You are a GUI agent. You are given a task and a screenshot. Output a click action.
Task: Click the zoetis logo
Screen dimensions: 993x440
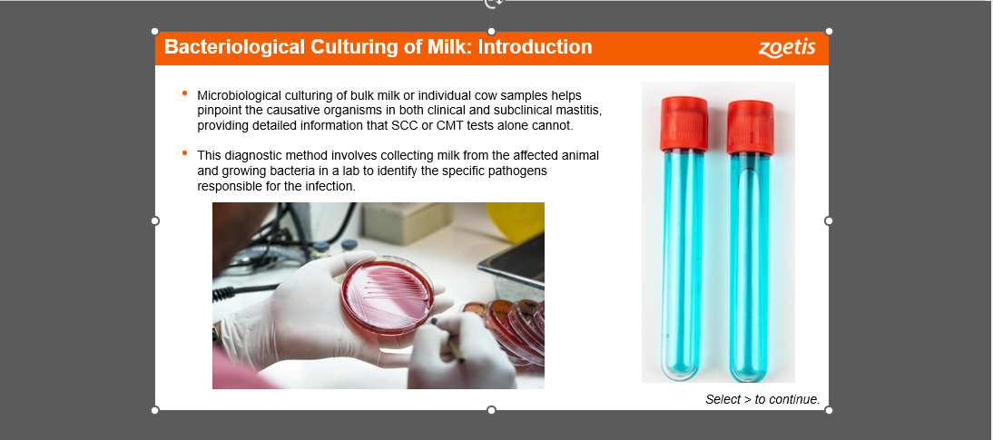pos(787,48)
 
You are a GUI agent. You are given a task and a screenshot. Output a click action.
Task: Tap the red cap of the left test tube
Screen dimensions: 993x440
pos(684,124)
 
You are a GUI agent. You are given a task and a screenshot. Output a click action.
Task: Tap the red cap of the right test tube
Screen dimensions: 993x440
pos(751,127)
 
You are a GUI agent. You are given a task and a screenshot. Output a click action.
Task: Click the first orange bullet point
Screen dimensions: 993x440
pos(185,93)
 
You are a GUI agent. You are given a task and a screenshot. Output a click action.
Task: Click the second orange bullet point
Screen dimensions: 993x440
pos(185,152)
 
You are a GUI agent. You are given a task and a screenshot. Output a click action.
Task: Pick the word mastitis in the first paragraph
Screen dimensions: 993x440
pos(579,110)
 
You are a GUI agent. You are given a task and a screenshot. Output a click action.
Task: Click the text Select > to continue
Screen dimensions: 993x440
pos(762,399)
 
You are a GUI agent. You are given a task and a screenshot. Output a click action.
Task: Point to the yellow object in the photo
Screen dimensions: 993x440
pos(516,221)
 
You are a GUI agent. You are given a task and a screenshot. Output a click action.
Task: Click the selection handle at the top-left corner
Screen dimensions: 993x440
pos(155,31)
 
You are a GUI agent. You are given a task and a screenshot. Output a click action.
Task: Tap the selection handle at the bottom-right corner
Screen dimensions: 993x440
pos(829,410)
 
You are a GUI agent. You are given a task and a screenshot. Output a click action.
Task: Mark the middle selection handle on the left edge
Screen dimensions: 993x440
pos(155,220)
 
